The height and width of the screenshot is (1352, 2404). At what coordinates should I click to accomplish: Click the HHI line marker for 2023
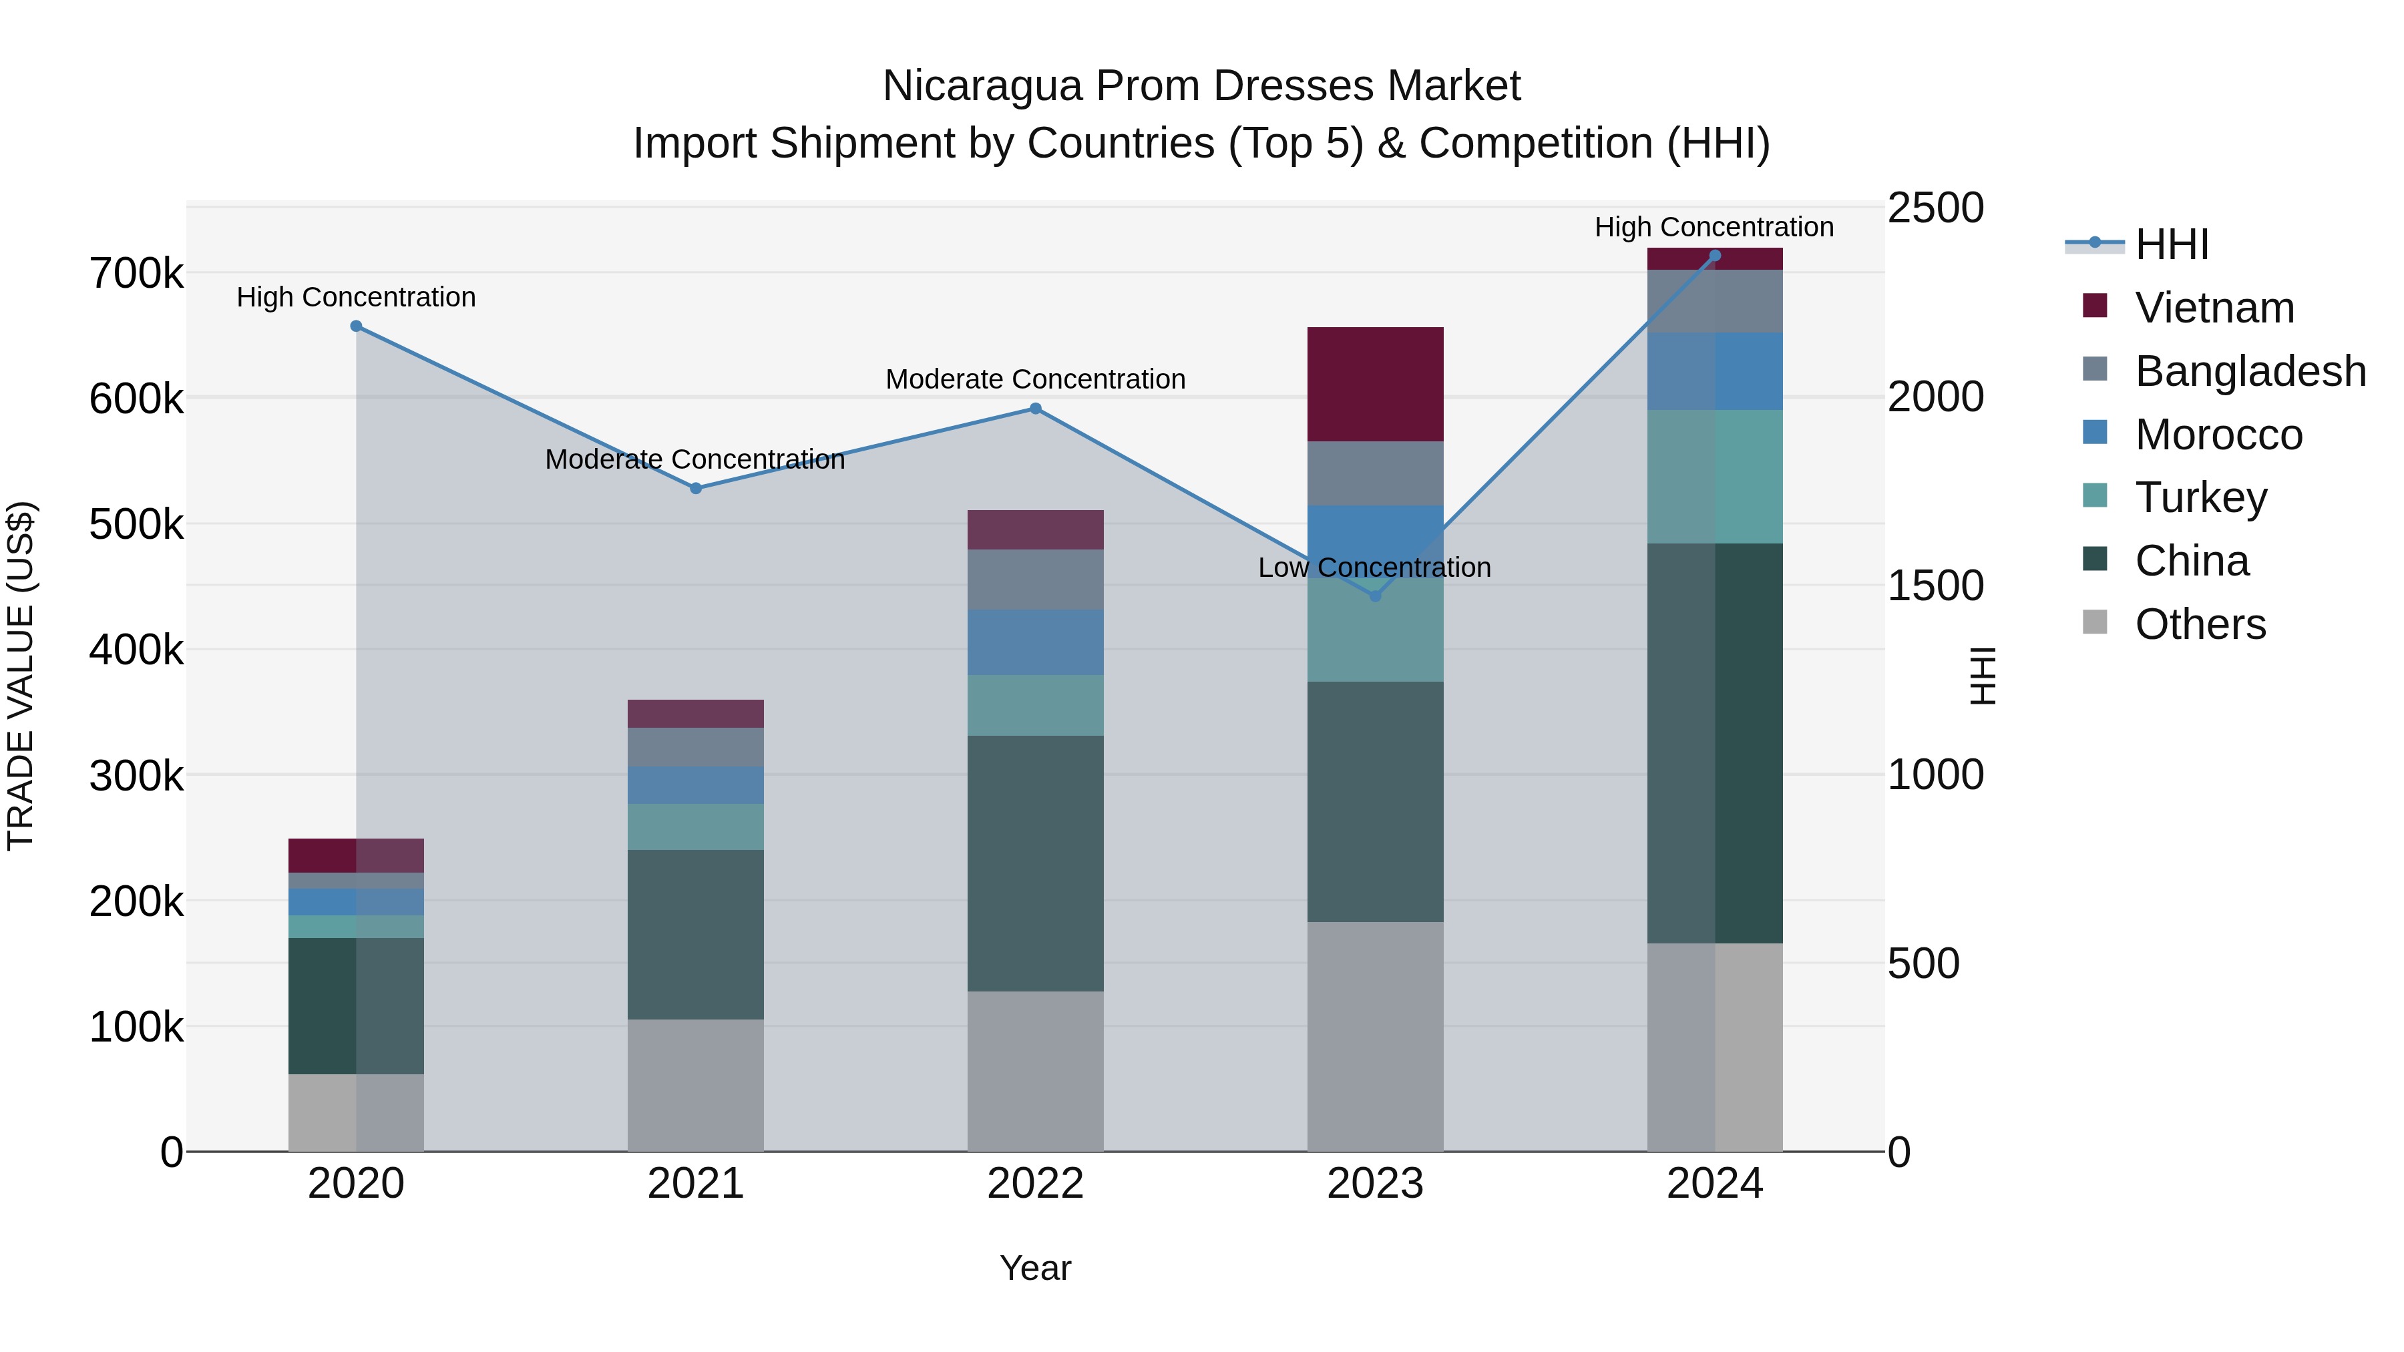[x=1375, y=596]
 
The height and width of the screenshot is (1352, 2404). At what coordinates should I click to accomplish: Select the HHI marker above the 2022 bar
[x=1035, y=409]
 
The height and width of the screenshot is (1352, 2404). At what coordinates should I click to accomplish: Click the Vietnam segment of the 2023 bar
[x=1375, y=385]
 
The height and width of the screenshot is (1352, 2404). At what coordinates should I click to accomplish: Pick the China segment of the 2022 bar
[x=1035, y=863]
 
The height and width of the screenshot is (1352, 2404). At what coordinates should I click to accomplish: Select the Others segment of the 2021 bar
[x=695, y=1085]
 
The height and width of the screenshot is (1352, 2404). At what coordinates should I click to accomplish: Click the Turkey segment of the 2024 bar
[x=1714, y=477]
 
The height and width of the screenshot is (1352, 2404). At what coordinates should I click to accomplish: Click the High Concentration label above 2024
[x=1714, y=227]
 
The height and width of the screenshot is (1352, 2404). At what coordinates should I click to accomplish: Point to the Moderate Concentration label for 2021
[x=694, y=459]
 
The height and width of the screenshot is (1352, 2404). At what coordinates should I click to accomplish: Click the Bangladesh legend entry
[x=2249, y=371]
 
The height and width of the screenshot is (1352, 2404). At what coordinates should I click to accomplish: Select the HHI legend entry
[x=2171, y=244]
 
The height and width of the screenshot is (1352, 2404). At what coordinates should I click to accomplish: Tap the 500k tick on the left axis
[x=136, y=524]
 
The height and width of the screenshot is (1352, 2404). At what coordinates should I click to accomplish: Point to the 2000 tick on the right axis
[x=1935, y=397]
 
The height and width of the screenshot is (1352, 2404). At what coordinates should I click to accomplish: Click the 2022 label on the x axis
[x=1035, y=1184]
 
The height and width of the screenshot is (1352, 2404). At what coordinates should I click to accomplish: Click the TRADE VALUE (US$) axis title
[x=21, y=676]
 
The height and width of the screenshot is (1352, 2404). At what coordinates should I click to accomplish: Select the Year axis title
[x=1035, y=1268]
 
